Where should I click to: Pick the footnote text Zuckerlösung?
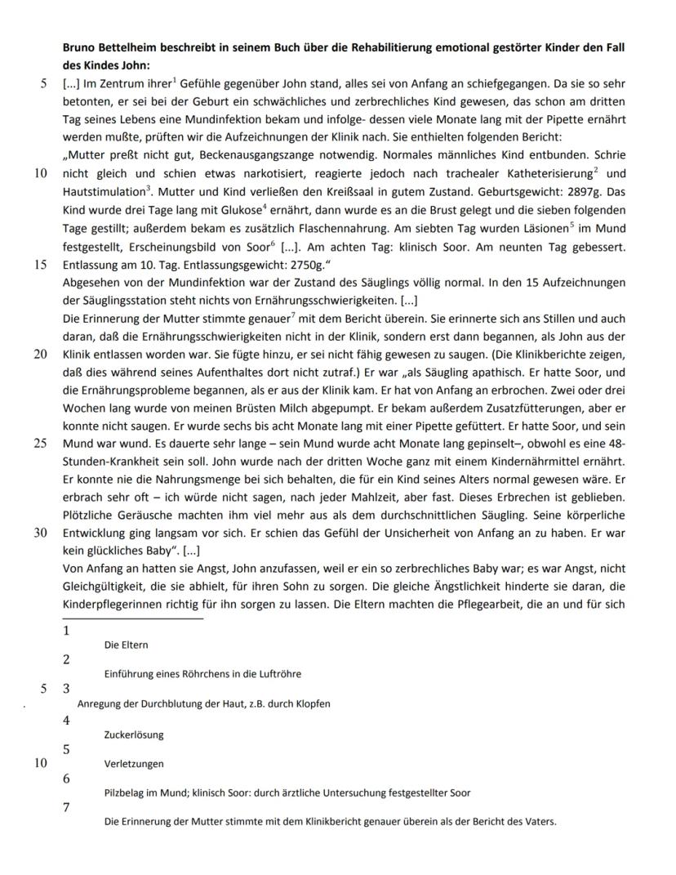click(134, 734)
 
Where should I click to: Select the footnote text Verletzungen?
click(134, 764)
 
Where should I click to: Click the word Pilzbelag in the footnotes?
click(126, 792)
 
